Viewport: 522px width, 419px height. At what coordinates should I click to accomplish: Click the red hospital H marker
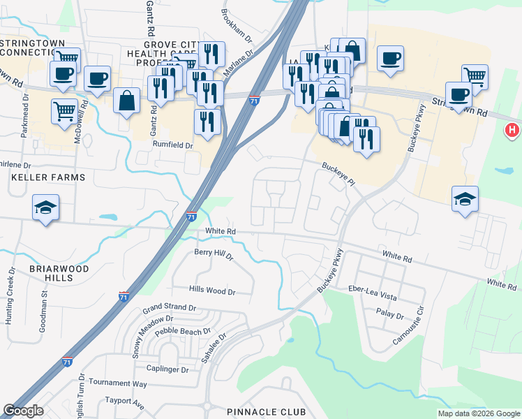point(512,130)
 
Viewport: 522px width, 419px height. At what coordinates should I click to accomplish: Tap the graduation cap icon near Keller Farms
point(46,208)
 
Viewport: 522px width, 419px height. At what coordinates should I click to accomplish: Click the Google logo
point(24,411)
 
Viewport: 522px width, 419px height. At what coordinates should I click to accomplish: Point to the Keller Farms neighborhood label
point(48,177)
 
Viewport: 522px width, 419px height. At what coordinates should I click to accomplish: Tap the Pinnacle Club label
point(267,412)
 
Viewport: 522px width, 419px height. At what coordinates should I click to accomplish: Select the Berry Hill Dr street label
point(214,253)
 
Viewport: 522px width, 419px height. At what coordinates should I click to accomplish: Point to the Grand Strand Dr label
point(171,307)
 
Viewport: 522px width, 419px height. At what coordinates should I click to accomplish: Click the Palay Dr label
point(389,315)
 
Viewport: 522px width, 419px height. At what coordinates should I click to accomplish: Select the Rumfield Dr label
point(172,145)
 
